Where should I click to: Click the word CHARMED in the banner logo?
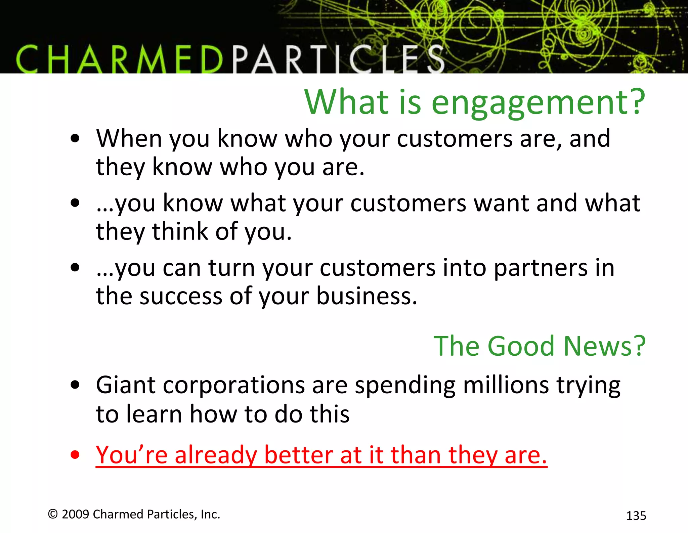[119, 60]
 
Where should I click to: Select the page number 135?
[636, 516]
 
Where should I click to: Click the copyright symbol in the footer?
[53, 514]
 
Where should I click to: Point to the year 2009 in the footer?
[75, 514]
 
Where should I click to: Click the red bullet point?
[75, 455]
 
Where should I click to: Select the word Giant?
[125, 385]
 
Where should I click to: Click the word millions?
[506, 385]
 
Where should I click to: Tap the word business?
[367, 297]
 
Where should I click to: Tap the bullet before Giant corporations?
[75, 385]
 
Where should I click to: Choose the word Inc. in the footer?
[210, 514]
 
